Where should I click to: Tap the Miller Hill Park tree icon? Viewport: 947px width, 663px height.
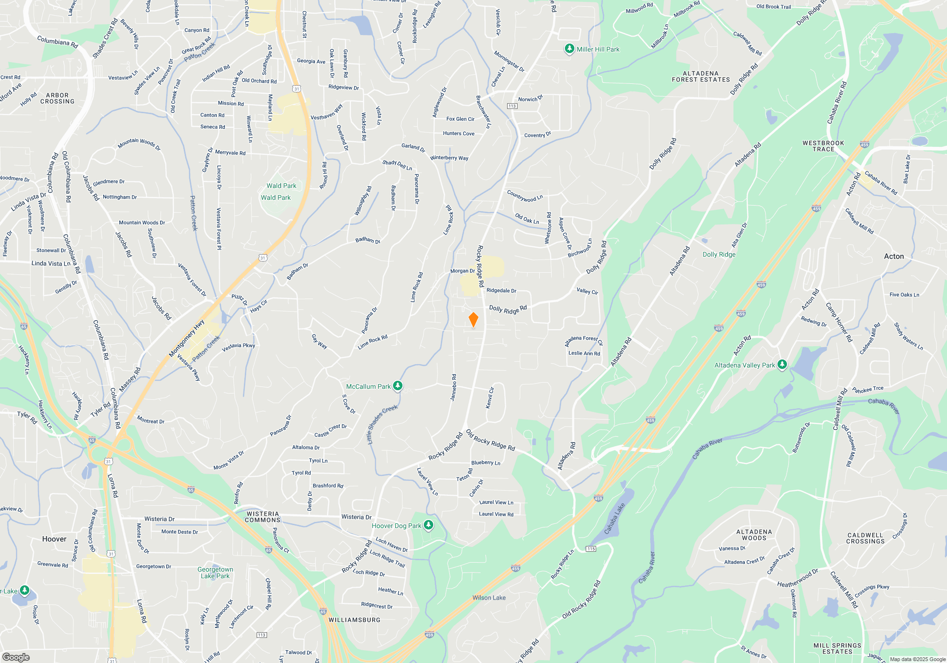point(569,49)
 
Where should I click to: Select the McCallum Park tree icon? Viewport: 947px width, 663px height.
point(398,386)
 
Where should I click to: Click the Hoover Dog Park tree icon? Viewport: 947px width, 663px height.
point(428,526)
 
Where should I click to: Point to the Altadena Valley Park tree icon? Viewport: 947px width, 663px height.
point(782,365)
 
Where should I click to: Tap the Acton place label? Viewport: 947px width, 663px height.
point(893,256)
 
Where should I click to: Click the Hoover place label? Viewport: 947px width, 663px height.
point(54,539)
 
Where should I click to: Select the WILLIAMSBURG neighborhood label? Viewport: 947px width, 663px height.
point(354,620)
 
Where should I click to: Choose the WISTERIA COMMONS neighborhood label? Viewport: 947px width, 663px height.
point(263,517)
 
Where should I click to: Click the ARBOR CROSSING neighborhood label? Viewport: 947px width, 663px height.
point(57,99)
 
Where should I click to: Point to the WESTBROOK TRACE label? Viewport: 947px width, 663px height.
point(823,146)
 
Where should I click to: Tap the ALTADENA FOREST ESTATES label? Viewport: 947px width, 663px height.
point(701,77)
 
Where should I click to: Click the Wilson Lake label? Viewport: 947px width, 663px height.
point(489,598)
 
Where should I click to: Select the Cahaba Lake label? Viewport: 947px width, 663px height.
point(615,519)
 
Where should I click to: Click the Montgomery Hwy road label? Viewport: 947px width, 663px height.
point(187,339)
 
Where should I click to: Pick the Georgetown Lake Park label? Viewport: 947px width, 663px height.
point(215,573)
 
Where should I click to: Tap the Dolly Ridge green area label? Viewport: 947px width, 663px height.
point(719,254)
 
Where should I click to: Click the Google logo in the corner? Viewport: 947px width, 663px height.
point(16,657)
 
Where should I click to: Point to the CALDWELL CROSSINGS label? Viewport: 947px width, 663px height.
point(866,538)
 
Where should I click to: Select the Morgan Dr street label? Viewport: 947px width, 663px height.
point(462,271)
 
